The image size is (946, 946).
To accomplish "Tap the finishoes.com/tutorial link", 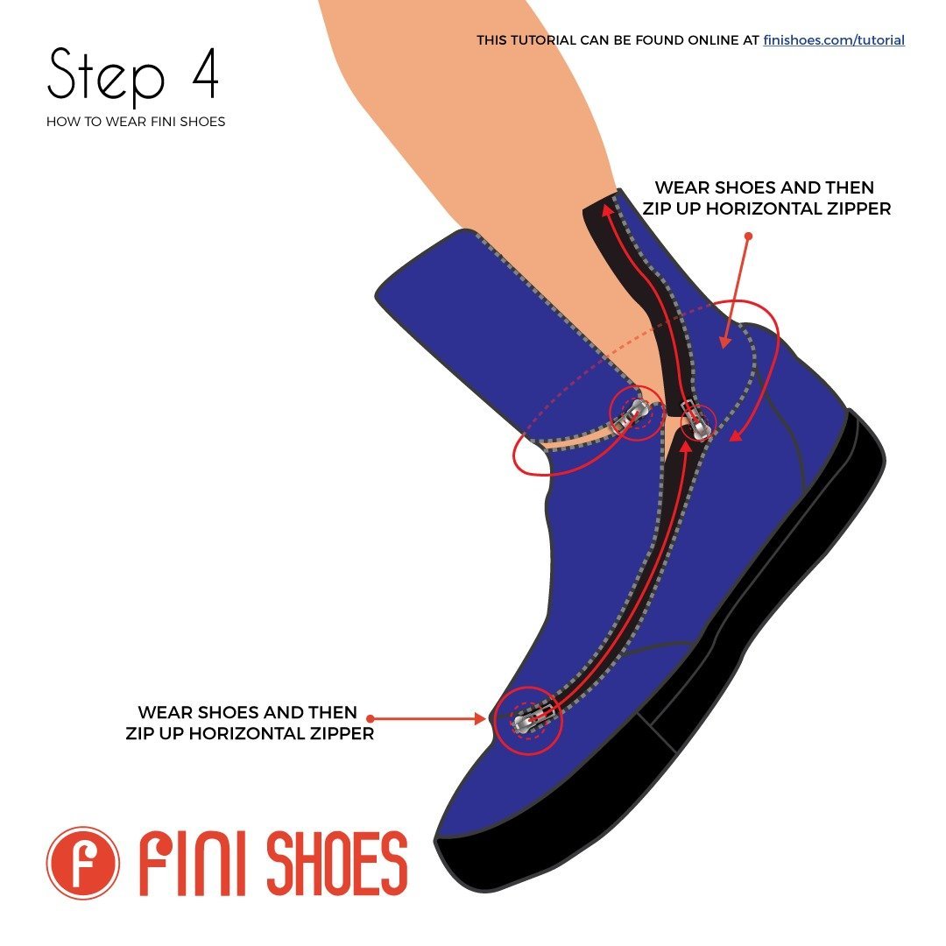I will tap(833, 40).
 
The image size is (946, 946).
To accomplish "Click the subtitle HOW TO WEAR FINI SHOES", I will tap(136, 122).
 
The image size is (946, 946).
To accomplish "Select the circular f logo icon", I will tap(82, 863).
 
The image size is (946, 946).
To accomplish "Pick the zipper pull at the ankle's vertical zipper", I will tap(698, 422).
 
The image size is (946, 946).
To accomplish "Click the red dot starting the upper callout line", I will tap(748, 236).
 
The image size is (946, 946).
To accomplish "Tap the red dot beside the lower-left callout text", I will tap(370, 718).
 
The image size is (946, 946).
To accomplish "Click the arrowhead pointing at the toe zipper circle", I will tap(481, 718).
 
